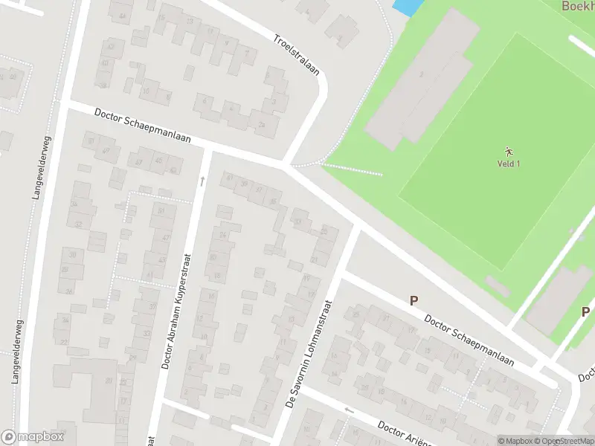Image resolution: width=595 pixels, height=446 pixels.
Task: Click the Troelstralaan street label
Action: click(296, 56)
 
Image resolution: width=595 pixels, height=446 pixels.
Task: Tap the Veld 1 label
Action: click(509, 164)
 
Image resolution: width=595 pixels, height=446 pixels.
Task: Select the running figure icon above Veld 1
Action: click(509, 151)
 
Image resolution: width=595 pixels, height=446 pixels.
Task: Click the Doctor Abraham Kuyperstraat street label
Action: click(177, 312)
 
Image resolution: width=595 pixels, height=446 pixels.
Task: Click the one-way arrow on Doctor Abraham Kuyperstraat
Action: click(202, 181)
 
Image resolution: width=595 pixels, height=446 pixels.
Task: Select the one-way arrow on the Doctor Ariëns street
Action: click(349, 410)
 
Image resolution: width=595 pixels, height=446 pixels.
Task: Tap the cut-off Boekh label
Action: click(578, 5)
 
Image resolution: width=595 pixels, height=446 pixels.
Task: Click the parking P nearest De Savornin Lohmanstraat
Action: click(414, 301)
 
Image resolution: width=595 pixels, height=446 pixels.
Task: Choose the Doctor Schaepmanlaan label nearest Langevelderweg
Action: click(143, 126)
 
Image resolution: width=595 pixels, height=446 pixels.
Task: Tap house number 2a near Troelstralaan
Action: click(262, 124)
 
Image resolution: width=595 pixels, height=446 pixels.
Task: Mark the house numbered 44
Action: click(121, 16)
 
